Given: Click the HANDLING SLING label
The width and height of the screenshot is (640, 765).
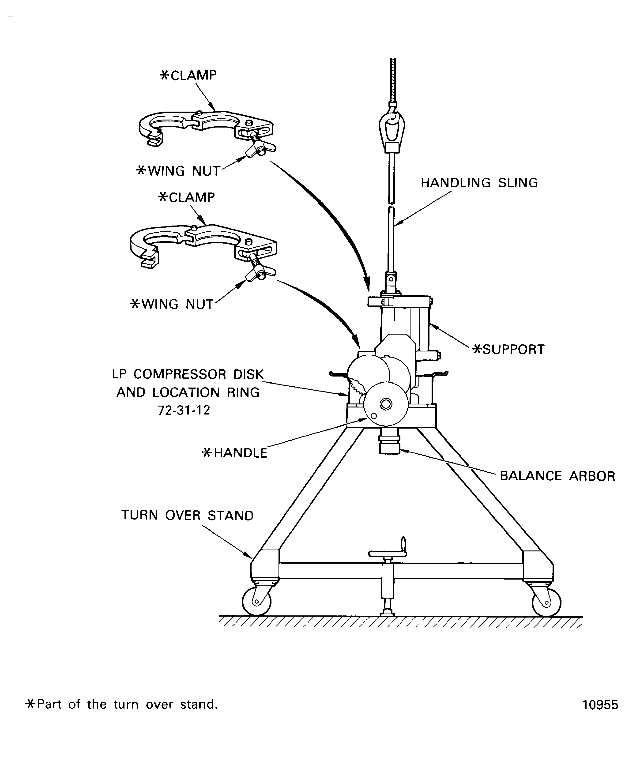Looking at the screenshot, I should [x=479, y=183].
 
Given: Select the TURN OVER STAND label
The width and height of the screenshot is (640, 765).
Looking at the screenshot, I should [x=187, y=516].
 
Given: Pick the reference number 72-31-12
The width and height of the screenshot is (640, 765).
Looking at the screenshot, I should [x=184, y=410].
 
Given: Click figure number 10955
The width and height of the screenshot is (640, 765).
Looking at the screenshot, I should [x=600, y=705].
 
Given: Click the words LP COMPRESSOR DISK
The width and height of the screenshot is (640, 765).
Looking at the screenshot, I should [x=188, y=374].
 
